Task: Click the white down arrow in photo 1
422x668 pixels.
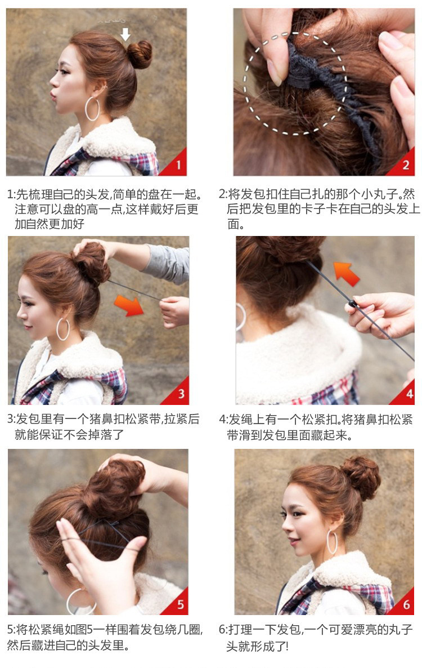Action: [x=125, y=33]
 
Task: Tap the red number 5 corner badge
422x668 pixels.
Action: [x=179, y=604]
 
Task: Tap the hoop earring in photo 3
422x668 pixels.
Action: [x=63, y=329]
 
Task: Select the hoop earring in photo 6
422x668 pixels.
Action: [x=333, y=541]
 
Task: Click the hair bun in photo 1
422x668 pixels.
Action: [x=139, y=54]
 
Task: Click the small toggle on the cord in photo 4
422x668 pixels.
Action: [x=352, y=305]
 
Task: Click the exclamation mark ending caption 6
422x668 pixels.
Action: [x=286, y=645]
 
